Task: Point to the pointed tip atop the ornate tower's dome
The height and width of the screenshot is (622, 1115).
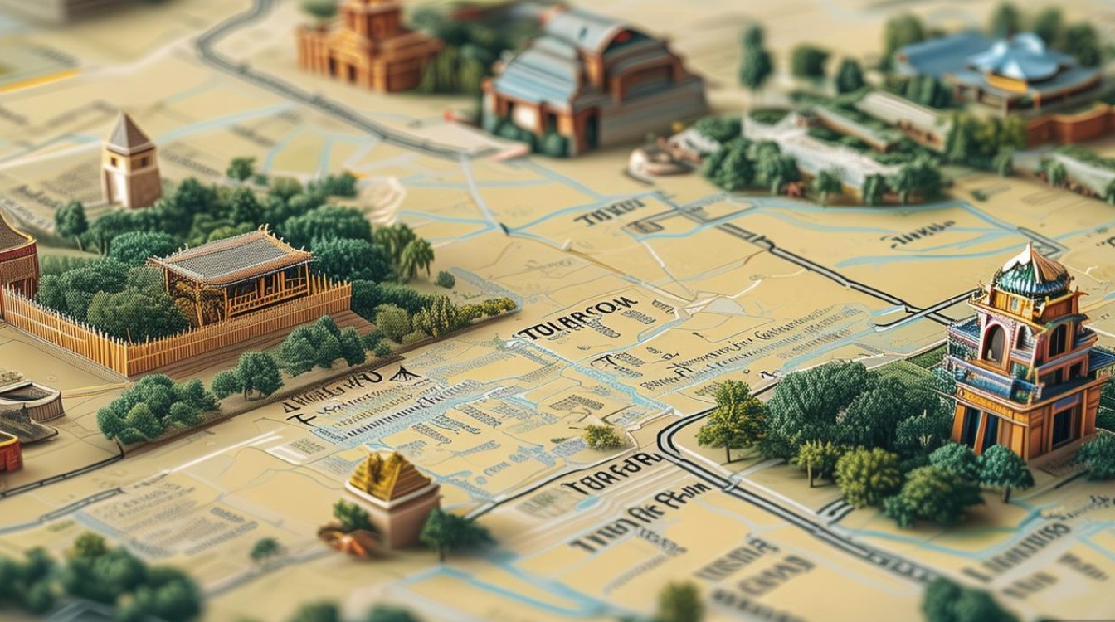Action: click(1030, 247)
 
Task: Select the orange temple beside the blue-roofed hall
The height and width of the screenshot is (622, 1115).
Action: click(365, 46)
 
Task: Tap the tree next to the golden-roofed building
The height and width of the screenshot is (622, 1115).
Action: click(452, 531)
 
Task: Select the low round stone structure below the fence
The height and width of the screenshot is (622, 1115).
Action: click(33, 402)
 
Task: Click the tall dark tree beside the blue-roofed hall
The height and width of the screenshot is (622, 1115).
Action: click(754, 58)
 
